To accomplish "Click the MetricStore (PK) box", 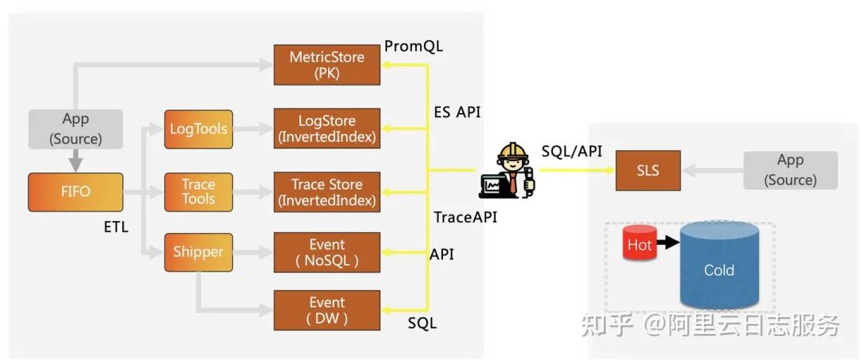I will (x=326, y=65).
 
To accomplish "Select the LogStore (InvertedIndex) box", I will (x=326, y=129).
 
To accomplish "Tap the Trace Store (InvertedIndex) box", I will (x=326, y=192).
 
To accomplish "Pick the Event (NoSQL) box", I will (x=326, y=252).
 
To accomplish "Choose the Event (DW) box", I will (x=326, y=311).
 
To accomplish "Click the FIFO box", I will (x=76, y=192).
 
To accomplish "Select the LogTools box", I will (x=199, y=129).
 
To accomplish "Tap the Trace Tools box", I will (x=199, y=192).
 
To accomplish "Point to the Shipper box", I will (x=199, y=252).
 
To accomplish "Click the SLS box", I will (x=648, y=170).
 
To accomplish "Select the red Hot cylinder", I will (x=639, y=245).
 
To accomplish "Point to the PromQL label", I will (x=413, y=46).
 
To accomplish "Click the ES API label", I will (x=457, y=112).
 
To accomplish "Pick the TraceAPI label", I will (x=465, y=216).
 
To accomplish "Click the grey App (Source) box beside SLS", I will (x=790, y=171).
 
